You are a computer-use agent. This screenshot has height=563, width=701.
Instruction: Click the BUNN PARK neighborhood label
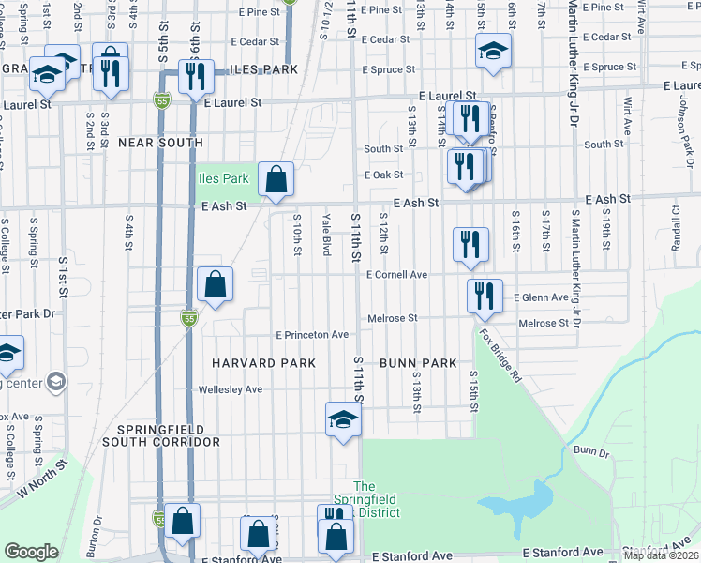(418, 363)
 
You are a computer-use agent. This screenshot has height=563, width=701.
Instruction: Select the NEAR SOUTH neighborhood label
(160, 143)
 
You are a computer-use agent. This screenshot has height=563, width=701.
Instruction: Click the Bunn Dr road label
(591, 451)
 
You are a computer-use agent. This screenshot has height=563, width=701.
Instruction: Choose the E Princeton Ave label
(312, 335)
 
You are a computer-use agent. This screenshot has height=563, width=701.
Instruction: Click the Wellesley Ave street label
(230, 388)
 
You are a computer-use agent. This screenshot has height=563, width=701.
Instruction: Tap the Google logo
(31, 552)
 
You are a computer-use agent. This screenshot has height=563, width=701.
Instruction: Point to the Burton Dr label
(97, 532)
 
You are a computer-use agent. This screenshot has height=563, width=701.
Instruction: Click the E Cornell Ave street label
(397, 275)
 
